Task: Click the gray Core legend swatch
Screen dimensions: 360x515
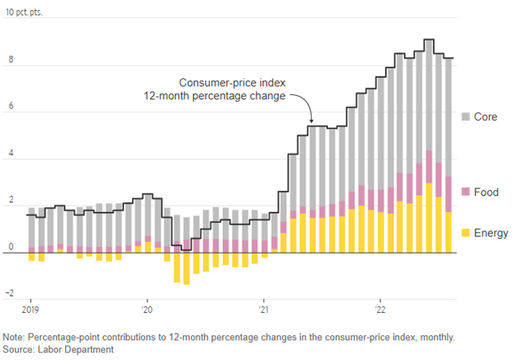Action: [466, 116]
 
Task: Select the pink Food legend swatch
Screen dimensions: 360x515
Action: [466, 192]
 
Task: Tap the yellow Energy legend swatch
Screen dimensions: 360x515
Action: [466, 234]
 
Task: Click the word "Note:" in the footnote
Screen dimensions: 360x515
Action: [15, 337]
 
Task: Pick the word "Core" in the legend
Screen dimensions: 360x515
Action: [487, 116]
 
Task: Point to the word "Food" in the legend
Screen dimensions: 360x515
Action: [487, 192]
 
